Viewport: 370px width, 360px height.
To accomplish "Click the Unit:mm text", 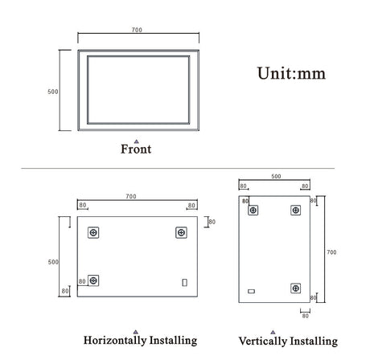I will (x=290, y=73).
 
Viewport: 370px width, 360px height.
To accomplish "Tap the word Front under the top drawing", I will (x=136, y=149).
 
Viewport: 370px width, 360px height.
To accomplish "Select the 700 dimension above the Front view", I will (x=137, y=30).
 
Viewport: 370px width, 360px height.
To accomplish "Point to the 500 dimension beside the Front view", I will (x=53, y=92).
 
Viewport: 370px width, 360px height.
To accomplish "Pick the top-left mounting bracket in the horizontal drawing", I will (x=94, y=232).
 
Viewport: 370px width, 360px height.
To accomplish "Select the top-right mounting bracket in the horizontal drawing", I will (x=180, y=232).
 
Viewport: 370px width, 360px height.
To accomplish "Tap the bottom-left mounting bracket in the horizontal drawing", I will (x=94, y=280).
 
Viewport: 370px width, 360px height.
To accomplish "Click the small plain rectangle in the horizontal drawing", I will (x=185, y=282).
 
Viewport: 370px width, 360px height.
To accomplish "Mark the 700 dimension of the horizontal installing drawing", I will (x=131, y=196).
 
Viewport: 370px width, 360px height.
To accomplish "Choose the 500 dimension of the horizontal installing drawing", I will (x=53, y=262).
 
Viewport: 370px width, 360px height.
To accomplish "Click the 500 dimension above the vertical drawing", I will (x=275, y=176).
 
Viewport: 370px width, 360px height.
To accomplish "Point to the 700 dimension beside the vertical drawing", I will (x=331, y=252).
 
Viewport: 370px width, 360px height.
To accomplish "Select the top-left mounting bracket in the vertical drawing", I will (x=253, y=211).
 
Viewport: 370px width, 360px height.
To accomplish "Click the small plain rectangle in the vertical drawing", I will (x=251, y=291).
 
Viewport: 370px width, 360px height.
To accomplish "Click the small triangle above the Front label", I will (x=136, y=141).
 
